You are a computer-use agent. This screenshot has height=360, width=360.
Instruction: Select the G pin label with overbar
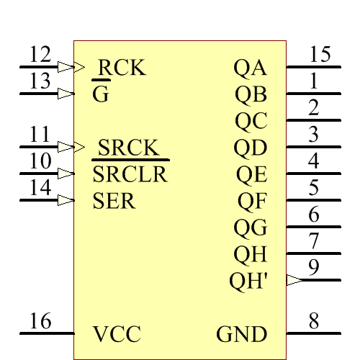(x=101, y=95)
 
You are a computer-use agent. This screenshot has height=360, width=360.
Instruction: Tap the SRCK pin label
(x=127, y=148)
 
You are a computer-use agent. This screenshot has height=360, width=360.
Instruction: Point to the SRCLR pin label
(x=130, y=174)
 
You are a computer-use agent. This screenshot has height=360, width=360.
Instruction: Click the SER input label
(x=114, y=201)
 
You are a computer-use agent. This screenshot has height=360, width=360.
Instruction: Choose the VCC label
(x=117, y=335)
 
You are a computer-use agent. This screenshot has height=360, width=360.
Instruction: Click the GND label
(x=242, y=335)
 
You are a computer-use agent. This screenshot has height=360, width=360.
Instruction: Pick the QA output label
(x=250, y=68)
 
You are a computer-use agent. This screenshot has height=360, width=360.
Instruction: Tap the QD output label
(x=250, y=148)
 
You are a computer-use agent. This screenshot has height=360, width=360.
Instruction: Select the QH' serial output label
(x=248, y=281)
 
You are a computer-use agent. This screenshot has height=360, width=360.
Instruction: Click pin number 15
(x=320, y=55)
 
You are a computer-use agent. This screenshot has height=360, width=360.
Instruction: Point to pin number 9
(x=314, y=267)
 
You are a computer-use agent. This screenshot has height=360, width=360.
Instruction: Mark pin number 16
(x=40, y=321)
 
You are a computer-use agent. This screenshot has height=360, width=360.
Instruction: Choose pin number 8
(x=314, y=321)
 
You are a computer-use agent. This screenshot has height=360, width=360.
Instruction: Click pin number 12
(x=40, y=55)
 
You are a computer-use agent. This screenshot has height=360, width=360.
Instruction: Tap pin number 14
(x=40, y=188)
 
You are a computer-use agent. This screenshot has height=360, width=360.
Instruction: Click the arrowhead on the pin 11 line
(x=66, y=147)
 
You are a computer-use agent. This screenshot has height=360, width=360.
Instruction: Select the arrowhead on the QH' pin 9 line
(x=294, y=280)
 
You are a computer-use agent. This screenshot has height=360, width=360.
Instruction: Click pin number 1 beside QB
(x=314, y=81)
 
